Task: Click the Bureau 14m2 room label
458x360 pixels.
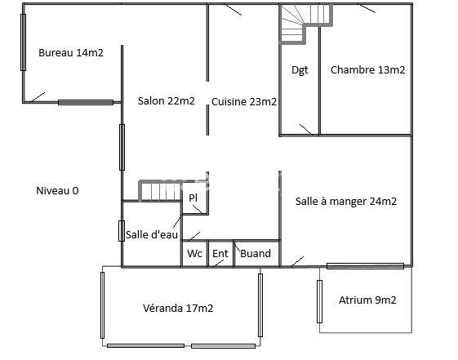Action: pyautogui.click(x=71, y=53)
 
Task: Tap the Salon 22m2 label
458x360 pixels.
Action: pyautogui.click(x=166, y=101)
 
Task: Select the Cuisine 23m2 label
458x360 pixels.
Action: pyautogui.click(x=244, y=101)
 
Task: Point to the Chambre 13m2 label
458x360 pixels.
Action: pyautogui.click(x=367, y=70)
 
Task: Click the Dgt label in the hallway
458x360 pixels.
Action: pyautogui.click(x=300, y=70)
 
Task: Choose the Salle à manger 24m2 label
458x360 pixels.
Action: pyautogui.click(x=346, y=202)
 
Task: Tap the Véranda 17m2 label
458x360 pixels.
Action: pyautogui.click(x=178, y=308)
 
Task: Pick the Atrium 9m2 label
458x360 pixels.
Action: pyautogui.click(x=367, y=300)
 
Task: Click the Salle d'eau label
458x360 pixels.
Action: pyautogui.click(x=152, y=235)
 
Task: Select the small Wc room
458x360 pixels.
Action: pyautogui.click(x=194, y=254)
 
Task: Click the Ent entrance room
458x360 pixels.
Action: pyautogui.click(x=220, y=254)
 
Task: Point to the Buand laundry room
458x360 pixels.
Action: pyautogui.click(x=256, y=254)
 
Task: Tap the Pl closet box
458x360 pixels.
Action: pyautogui.click(x=193, y=198)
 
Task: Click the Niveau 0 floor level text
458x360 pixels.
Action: pyautogui.click(x=57, y=190)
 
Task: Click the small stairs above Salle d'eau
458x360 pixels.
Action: pyautogui.click(x=158, y=191)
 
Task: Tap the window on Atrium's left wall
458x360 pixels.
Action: pyautogui.click(x=319, y=301)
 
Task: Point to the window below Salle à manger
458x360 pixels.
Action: pyautogui.click(x=365, y=265)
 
